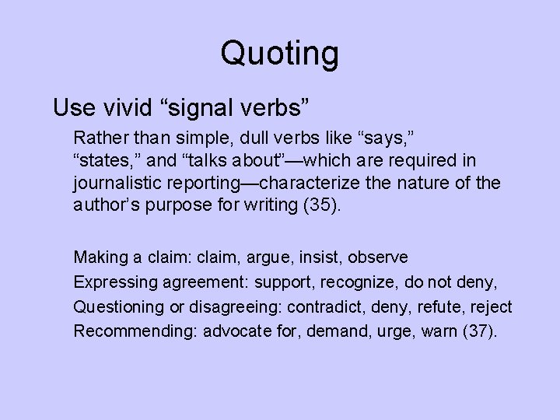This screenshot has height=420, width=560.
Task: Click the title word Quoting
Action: (280, 54)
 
